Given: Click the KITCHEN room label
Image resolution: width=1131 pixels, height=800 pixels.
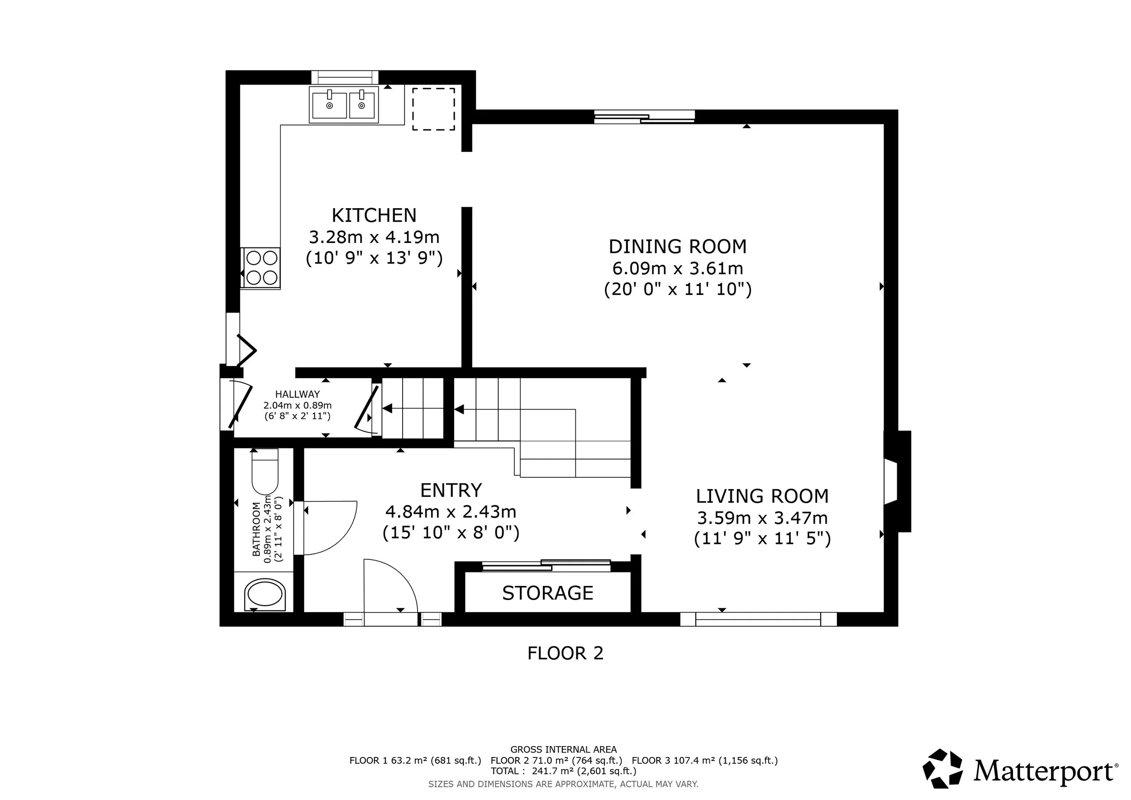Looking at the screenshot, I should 374,216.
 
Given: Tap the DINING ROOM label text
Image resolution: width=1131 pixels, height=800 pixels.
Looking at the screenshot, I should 677,247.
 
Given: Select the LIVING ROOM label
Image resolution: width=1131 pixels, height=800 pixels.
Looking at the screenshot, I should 762,496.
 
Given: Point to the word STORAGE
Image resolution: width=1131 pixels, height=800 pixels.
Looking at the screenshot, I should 547,593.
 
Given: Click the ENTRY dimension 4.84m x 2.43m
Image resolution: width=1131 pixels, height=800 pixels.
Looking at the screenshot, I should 451,512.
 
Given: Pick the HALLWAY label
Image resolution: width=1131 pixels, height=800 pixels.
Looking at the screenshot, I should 297,394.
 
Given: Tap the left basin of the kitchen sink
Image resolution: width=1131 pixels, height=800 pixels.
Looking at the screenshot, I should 329,105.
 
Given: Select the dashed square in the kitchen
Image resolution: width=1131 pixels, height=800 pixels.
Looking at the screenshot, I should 433,109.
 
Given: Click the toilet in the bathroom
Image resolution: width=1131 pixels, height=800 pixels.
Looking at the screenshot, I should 265,472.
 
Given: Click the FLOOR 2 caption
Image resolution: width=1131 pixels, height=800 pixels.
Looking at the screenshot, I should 565,653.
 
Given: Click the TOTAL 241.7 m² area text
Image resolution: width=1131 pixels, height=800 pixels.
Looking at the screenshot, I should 563,771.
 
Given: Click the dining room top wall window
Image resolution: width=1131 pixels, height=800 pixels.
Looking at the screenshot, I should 644,117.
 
